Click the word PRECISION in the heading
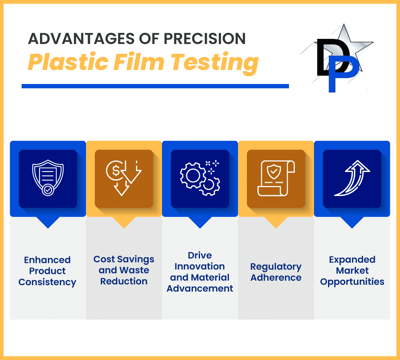pyautogui.click(x=204, y=38)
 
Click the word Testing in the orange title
pyautogui.click(x=214, y=63)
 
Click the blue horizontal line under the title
pyautogui.click(x=155, y=86)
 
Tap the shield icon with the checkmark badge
pyautogui.click(x=48, y=178)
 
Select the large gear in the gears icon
pyautogui.click(x=193, y=176)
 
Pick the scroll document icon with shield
pyautogui.click(x=276, y=178)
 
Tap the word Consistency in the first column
pyautogui.click(x=47, y=282)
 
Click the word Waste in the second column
pyautogui.click(x=134, y=270)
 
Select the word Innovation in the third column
pyautogui.click(x=200, y=266)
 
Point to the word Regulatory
pyautogui.click(x=276, y=267)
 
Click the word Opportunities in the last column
pyautogui.click(x=352, y=282)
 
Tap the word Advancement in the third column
pyautogui.click(x=200, y=288)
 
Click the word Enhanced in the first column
pyautogui.click(x=47, y=260)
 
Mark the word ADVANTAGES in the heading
pyautogui.click(x=81, y=38)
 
